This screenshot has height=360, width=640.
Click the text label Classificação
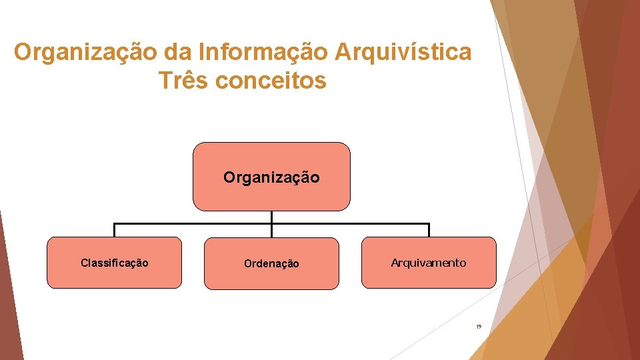pos(114,263)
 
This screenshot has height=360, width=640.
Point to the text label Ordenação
pos(271,264)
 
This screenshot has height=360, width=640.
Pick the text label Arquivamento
pos(429,263)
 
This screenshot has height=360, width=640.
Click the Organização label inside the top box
pos(271,178)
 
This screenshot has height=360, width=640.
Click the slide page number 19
pos(478,327)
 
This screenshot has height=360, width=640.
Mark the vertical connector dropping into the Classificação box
pos(114,230)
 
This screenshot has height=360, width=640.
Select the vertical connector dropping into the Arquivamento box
pos(429,230)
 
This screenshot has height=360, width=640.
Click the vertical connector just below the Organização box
pos(271,217)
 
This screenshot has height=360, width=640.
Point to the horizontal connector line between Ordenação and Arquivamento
pos(350,223)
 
